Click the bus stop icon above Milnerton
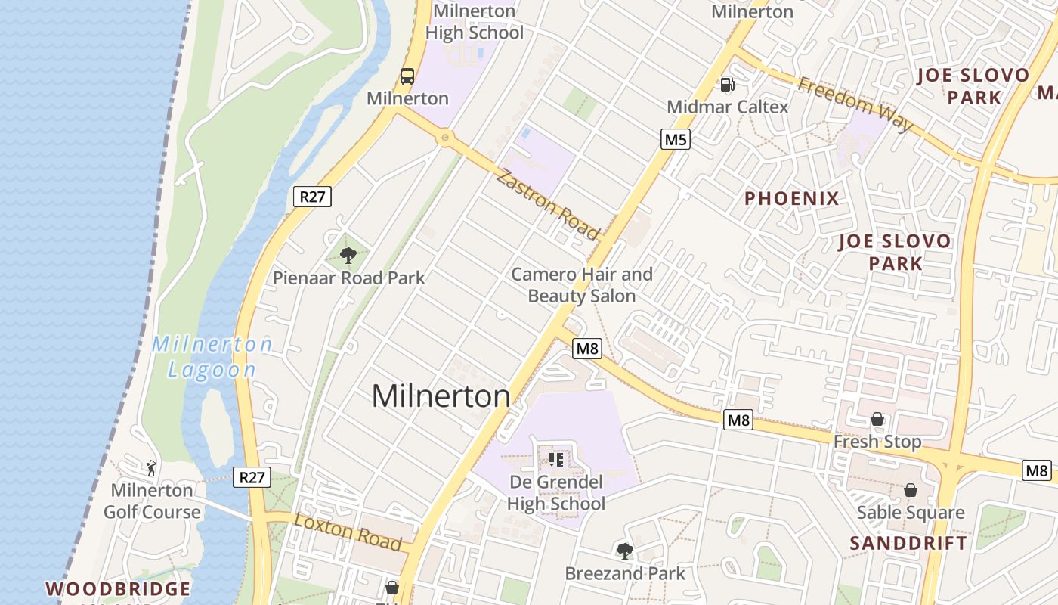pos(407,76)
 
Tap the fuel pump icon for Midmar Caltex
pos(727,85)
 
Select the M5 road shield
pos(676,139)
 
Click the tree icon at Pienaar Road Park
pos(348,255)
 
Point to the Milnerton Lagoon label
pos(212,357)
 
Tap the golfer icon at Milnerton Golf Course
pos(151,468)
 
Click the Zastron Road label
pos(548,205)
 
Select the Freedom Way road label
pos(855,104)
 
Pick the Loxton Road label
pos(348,532)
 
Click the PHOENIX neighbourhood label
pos(792,199)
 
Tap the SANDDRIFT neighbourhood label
pos(908,543)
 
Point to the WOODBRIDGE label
pos(118,588)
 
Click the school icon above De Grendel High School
pos(557,459)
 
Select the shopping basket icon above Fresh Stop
pos(877,419)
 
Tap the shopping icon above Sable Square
pos(911,490)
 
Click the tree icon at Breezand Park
pos(624,551)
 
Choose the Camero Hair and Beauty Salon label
pos(582,285)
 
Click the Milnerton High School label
pos(474,22)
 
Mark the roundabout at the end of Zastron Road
pos(445,138)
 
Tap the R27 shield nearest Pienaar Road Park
pos(312,197)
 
